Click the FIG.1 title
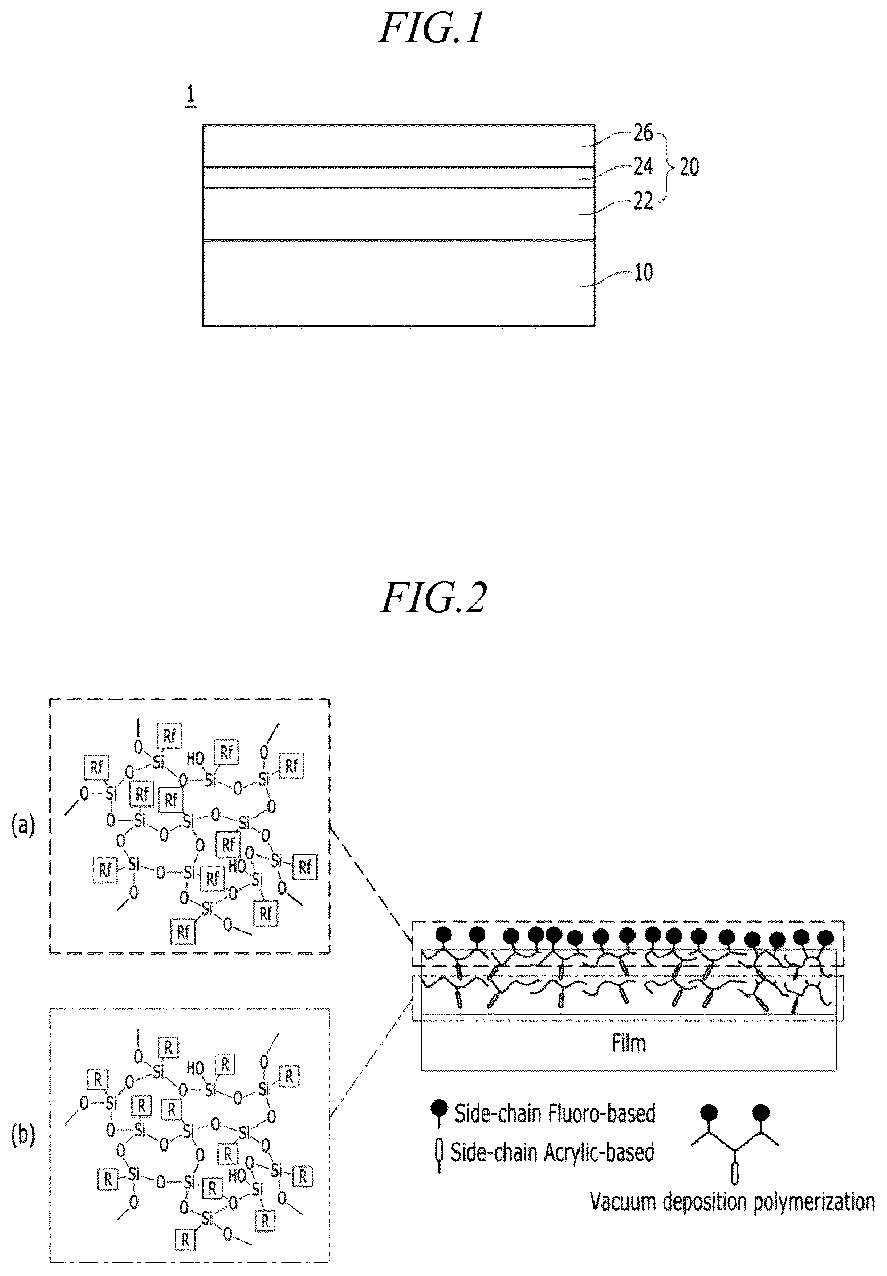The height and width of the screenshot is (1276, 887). (x=431, y=30)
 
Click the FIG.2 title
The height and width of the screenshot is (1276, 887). (x=433, y=598)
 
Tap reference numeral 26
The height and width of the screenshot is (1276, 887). (x=643, y=134)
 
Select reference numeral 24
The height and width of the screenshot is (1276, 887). (x=643, y=168)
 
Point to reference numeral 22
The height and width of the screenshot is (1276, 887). (x=643, y=201)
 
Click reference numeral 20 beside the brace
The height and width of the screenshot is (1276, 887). (x=689, y=168)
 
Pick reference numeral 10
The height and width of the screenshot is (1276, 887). (x=643, y=272)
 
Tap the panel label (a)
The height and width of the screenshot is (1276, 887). (x=23, y=825)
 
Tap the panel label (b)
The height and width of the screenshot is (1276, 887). (x=23, y=1135)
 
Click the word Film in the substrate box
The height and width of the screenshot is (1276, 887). (x=629, y=1043)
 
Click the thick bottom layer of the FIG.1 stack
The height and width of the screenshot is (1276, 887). (x=398, y=283)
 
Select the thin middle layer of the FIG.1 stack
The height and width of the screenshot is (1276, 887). (x=398, y=177)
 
